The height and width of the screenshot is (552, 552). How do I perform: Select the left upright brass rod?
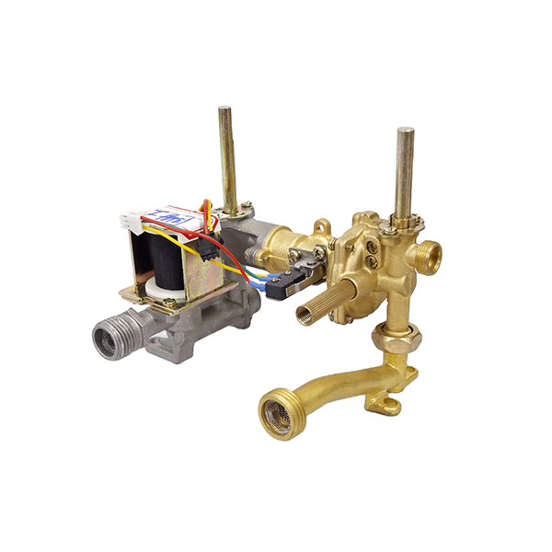point(226,156)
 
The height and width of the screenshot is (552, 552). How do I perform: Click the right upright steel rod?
point(404,170)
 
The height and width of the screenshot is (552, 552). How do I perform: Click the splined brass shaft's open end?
point(304,315)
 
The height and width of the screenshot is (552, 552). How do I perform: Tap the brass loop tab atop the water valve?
point(321,225)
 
